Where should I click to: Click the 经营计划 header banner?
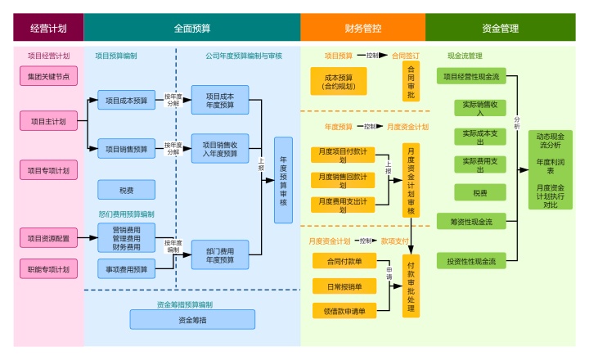(48, 28)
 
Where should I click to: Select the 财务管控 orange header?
(362, 28)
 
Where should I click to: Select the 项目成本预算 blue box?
(126, 101)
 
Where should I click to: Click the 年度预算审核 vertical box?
(283, 180)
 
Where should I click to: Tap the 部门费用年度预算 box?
(220, 254)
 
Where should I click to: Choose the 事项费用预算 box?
(126, 269)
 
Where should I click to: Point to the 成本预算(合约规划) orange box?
(339, 81)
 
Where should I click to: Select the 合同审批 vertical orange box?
(411, 81)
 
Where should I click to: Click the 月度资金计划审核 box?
(411, 180)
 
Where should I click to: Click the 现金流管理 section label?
(465, 56)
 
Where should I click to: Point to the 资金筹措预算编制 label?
(185, 304)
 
